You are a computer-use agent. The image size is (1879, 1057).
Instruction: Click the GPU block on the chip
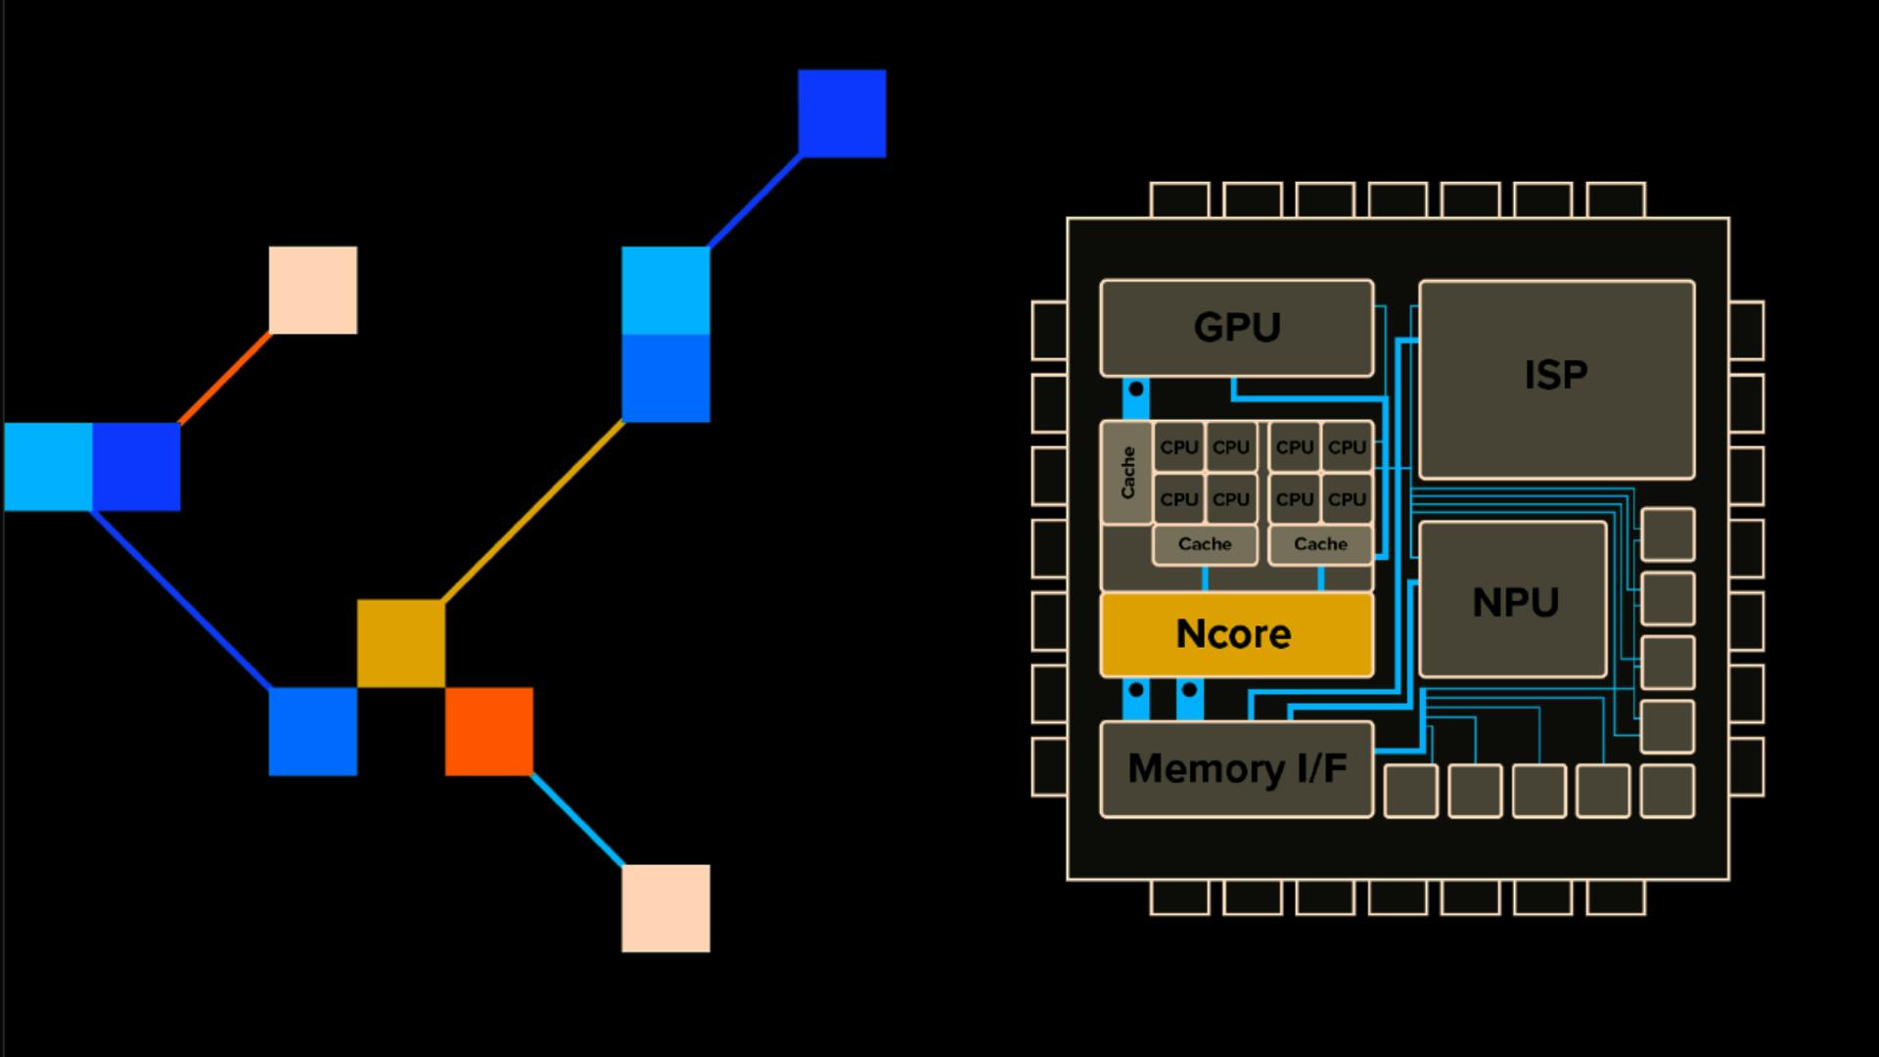point(1236,328)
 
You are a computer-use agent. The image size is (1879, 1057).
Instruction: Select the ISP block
point(1556,379)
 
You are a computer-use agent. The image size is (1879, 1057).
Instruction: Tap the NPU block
point(1513,599)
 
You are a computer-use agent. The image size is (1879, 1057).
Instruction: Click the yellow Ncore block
point(1236,634)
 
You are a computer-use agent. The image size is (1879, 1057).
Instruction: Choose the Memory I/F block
point(1236,769)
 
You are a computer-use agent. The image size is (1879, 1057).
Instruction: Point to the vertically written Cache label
point(1127,473)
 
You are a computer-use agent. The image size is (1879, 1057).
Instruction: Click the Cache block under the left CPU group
point(1205,544)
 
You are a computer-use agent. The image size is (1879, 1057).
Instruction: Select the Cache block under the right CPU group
point(1320,544)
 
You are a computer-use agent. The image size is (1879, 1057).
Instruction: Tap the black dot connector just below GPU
point(1136,390)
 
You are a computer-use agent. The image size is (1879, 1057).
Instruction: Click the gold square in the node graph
point(401,643)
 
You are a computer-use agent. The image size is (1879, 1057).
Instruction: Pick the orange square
point(489,731)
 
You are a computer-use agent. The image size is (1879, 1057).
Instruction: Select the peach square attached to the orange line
point(313,290)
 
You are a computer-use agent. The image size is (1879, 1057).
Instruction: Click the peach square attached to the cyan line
point(665,907)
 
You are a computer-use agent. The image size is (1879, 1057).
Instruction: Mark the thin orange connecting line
point(225,378)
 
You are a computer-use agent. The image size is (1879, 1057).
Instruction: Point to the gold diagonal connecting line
point(533,511)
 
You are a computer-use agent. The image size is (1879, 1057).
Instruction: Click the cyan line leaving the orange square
point(577,820)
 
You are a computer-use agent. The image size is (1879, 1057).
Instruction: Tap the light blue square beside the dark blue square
point(48,467)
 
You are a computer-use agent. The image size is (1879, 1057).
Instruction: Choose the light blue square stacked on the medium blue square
point(665,291)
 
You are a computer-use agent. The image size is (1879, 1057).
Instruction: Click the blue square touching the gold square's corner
point(313,731)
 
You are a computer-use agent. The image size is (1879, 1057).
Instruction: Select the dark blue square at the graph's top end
point(842,113)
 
